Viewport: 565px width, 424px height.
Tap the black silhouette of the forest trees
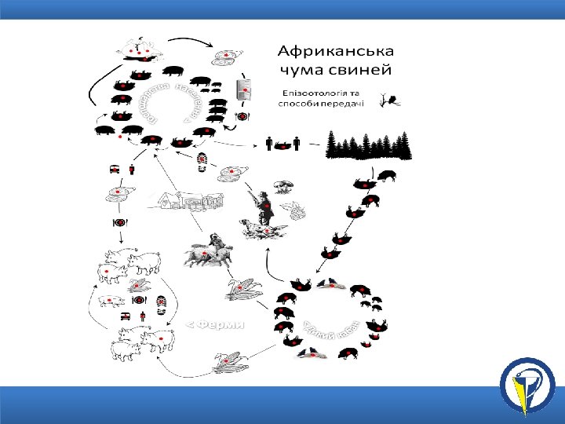pos(369,144)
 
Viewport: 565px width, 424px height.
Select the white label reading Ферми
pos(217,323)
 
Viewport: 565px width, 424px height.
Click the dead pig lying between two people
pos(282,144)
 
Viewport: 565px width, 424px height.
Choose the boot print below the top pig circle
pos(203,161)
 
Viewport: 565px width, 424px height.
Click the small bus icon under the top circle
pos(115,168)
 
